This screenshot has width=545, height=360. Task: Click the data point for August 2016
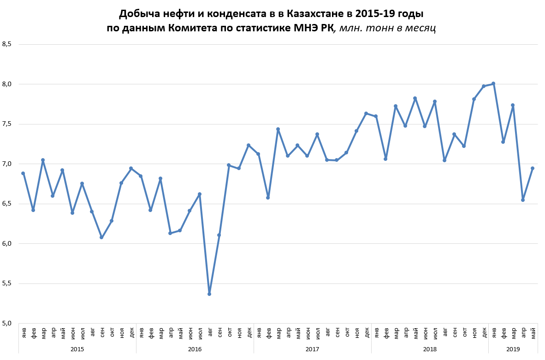pyautogui.click(x=209, y=294)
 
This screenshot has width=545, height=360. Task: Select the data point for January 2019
pyautogui.click(x=493, y=83)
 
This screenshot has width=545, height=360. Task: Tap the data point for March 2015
pyautogui.click(x=43, y=160)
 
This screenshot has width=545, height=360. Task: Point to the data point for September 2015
pyautogui.click(x=101, y=237)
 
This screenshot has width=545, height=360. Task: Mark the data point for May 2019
pyautogui.click(x=533, y=168)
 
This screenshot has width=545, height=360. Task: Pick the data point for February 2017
pyautogui.click(x=268, y=198)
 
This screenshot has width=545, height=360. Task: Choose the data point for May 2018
pyautogui.click(x=415, y=98)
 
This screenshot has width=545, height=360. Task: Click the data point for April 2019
pyautogui.click(x=523, y=200)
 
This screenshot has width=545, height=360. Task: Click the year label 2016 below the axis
pyautogui.click(x=195, y=349)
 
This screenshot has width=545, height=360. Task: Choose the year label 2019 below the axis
pyautogui.click(x=513, y=349)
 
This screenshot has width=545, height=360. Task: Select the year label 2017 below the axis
pyautogui.click(x=312, y=349)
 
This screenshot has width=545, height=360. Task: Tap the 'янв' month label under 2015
pyautogui.click(x=24, y=331)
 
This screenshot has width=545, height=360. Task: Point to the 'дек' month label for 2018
pyautogui.click(x=484, y=331)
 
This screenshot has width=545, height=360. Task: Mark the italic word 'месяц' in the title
pyautogui.click(x=421, y=28)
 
